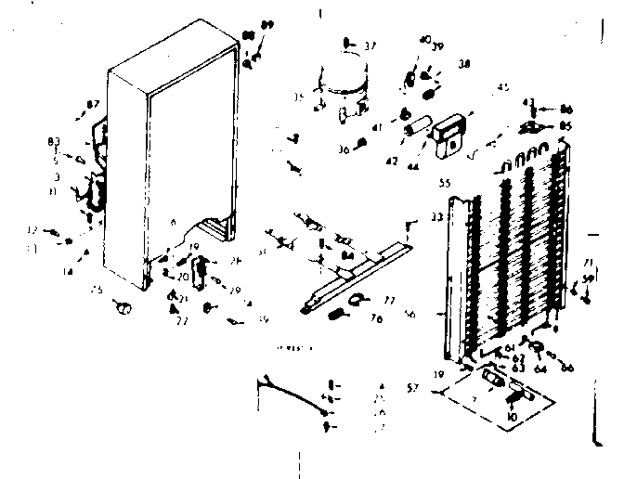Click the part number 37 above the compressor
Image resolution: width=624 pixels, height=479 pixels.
click(370, 45)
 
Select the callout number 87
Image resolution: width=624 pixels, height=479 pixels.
click(93, 105)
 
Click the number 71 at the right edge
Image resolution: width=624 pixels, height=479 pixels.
click(587, 264)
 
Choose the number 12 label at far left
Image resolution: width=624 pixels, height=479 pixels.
click(32, 230)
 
